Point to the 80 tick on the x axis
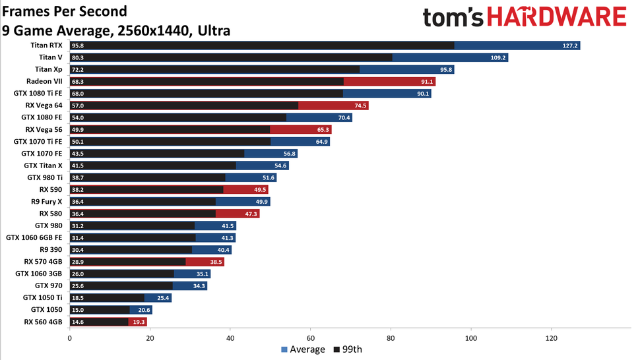(x=391, y=338)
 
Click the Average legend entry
(x=303, y=349)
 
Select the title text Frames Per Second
(x=65, y=12)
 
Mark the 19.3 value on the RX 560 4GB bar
(x=138, y=322)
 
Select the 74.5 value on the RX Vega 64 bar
(x=359, y=105)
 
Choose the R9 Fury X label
(x=42, y=201)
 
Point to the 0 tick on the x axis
(x=70, y=338)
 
